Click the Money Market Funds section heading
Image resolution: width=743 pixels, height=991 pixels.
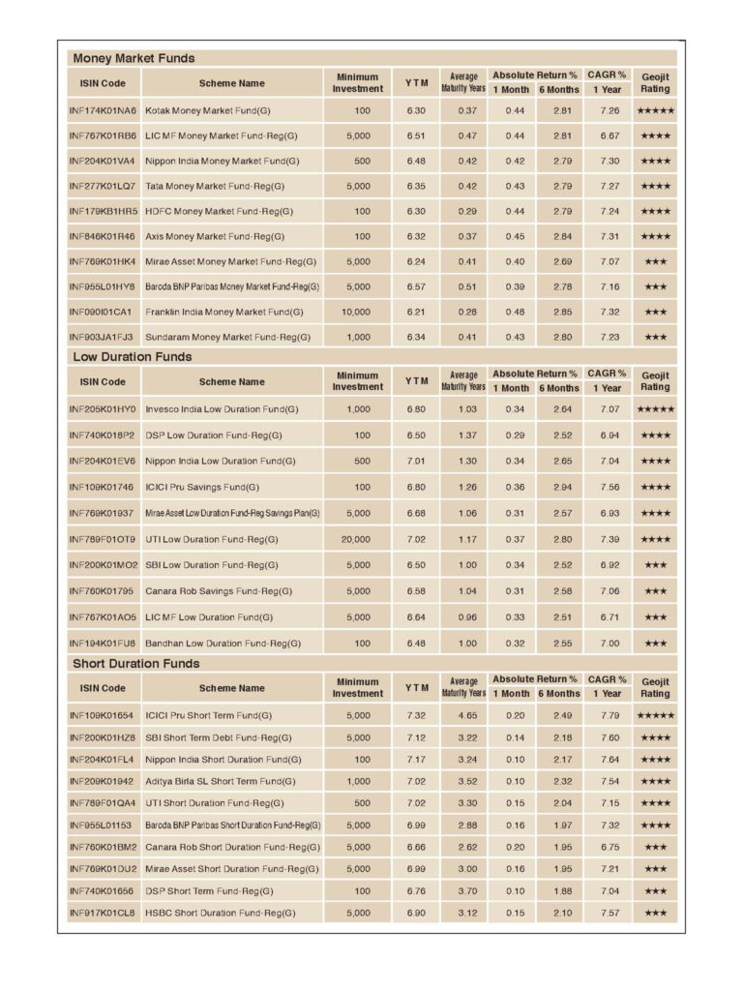click(x=134, y=58)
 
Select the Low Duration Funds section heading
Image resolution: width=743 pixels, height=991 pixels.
click(x=133, y=357)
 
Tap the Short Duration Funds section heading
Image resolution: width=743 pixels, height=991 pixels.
click(x=136, y=664)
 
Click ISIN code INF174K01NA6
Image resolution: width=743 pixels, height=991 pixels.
click(x=104, y=111)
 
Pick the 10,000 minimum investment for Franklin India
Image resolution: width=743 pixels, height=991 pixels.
click(x=355, y=312)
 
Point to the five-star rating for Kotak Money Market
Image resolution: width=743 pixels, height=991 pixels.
click(x=655, y=111)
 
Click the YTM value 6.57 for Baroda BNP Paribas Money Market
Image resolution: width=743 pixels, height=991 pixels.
click(x=416, y=286)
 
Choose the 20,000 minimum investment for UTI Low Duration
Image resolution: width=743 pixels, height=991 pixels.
click(x=355, y=539)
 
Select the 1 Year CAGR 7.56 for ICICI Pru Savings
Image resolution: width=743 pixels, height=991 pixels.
click(x=609, y=487)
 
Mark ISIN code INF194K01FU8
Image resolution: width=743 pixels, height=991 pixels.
click(x=104, y=643)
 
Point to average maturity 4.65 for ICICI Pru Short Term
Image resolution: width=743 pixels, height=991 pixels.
click(x=467, y=715)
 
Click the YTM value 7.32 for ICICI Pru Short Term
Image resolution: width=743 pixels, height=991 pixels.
click(x=416, y=715)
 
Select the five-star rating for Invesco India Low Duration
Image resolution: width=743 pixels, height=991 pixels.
click(x=655, y=409)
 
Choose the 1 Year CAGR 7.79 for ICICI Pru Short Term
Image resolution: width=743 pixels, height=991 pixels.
click(x=609, y=715)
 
